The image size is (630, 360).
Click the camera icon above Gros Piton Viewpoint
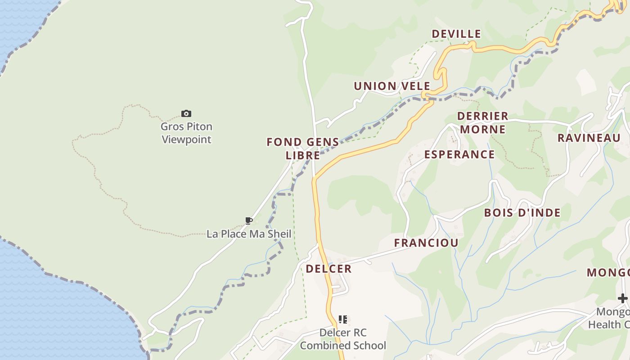click(x=186, y=113)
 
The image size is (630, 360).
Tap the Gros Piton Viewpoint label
click(x=186, y=133)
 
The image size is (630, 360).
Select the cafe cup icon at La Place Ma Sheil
click(x=248, y=220)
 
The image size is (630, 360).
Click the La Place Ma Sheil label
click(x=249, y=234)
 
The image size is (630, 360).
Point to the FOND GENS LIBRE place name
click(x=303, y=148)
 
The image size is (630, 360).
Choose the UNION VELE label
click(x=392, y=86)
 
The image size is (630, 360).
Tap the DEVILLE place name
click(x=456, y=34)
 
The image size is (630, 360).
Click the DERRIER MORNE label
click(x=482, y=123)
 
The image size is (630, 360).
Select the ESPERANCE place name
click(x=459, y=154)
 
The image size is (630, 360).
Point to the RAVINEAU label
click(x=589, y=138)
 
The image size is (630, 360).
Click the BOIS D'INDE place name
click(x=522, y=212)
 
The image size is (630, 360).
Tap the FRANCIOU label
click(x=426, y=243)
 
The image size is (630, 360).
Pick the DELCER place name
click(x=328, y=269)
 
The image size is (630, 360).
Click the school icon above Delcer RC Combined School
click(x=343, y=319)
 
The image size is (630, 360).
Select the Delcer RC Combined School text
click(x=343, y=339)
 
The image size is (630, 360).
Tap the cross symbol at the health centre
click(x=622, y=298)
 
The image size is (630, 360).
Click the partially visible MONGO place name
click(x=608, y=273)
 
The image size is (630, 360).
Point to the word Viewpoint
click(x=186, y=139)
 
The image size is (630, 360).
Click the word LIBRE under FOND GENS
click(x=303, y=155)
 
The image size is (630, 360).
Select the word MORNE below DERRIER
click(x=483, y=130)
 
